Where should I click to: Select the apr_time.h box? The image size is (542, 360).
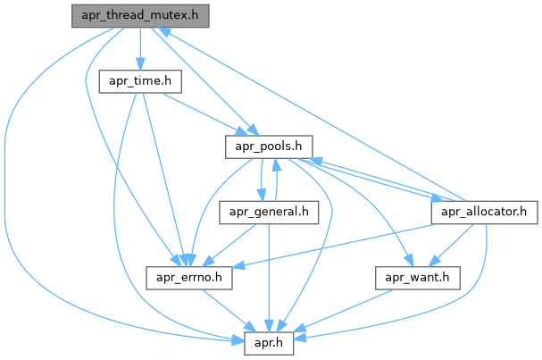click(x=140, y=81)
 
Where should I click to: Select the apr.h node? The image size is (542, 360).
click(x=270, y=342)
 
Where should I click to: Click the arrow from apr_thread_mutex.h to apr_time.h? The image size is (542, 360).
click(x=140, y=48)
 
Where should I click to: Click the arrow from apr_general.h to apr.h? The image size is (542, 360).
click(x=270, y=277)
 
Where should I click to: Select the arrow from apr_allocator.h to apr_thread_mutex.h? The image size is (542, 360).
click(x=313, y=116)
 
